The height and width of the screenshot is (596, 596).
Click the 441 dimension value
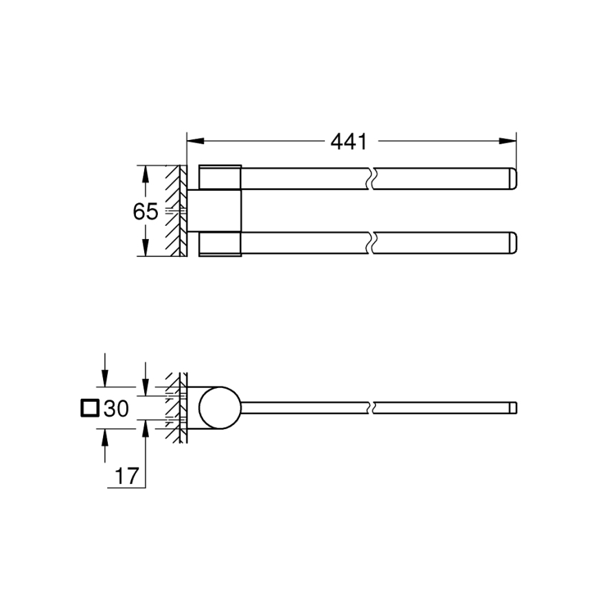(349, 142)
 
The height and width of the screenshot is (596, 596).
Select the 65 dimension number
(145, 212)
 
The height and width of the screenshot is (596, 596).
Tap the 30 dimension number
(115, 409)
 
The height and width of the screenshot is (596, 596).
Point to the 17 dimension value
(126, 474)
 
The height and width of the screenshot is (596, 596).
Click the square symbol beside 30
(89, 409)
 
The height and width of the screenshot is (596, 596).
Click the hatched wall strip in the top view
(176, 210)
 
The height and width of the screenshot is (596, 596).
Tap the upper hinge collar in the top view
(220, 176)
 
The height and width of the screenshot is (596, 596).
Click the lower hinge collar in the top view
(220, 244)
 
